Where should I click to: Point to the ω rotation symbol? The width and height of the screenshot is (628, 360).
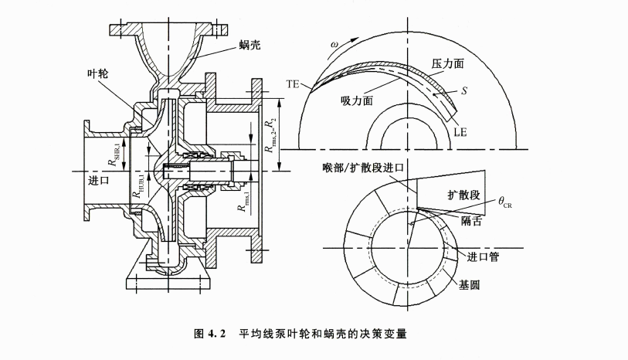point(334,44)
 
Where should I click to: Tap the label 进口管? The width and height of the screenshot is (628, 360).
point(482,256)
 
